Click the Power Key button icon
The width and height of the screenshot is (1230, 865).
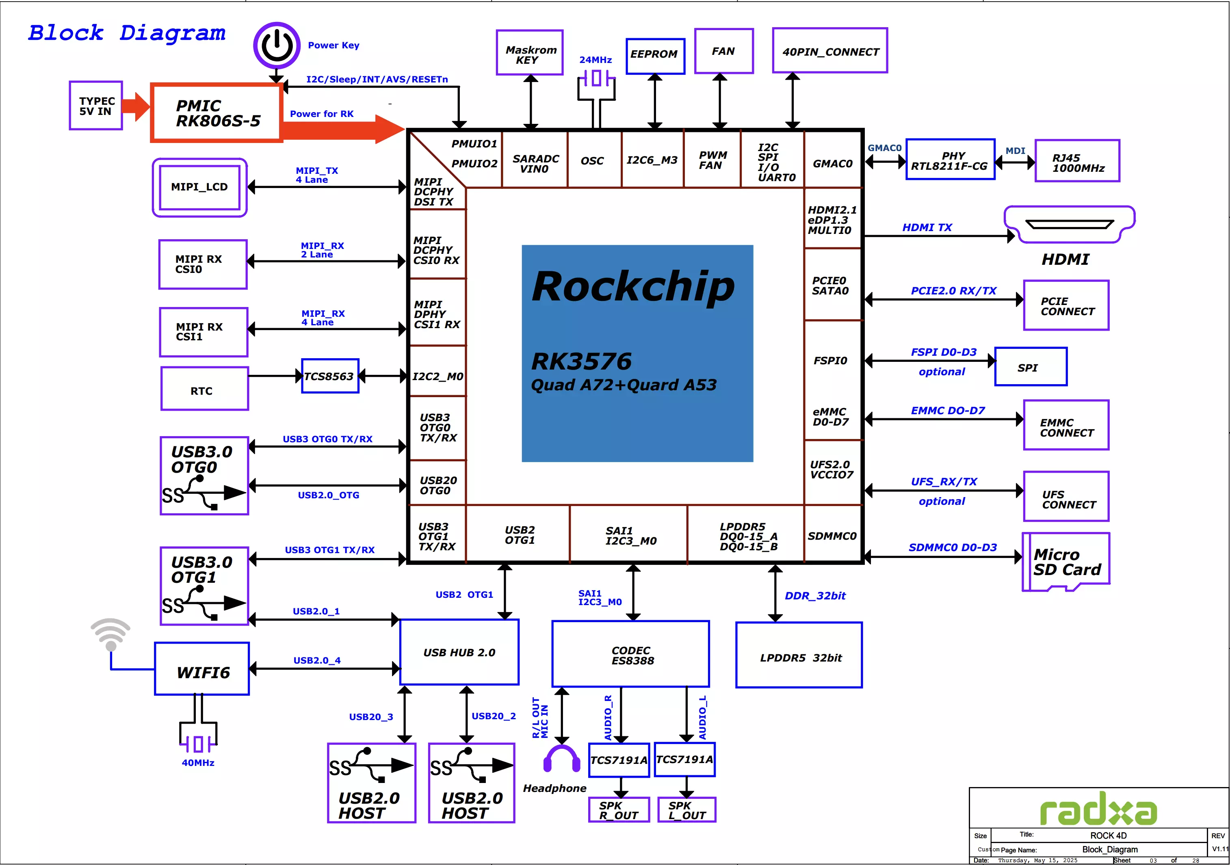click(x=277, y=45)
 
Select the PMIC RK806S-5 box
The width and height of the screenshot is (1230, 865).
click(x=217, y=112)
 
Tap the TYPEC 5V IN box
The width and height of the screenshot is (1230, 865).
click(x=96, y=106)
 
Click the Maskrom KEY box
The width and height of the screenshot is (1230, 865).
click(x=530, y=52)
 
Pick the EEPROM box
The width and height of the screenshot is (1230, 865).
click(x=655, y=56)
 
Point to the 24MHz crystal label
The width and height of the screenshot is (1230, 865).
click(x=595, y=59)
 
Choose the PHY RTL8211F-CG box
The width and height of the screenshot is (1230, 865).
click(x=950, y=160)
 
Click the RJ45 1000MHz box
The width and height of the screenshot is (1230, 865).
click(x=1077, y=161)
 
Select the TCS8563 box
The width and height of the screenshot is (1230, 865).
click(x=330, y=376)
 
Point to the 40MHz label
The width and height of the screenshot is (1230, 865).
click(x=198, y=762)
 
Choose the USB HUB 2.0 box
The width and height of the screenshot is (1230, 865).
click(x=459, y=652)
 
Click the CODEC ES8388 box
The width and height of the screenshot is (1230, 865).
click(x=630, y=654)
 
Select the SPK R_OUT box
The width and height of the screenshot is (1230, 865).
click(x=619, y=810)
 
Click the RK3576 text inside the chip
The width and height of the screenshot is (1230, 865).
click(x=581, y=361)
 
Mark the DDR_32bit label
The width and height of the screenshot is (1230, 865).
click(x=815, y=596)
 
